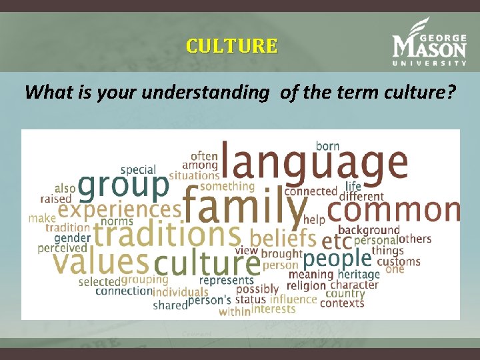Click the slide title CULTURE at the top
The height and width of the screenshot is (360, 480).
[231, 46]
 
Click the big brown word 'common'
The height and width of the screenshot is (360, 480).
[393, 210]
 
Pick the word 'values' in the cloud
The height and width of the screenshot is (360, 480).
[101, 261]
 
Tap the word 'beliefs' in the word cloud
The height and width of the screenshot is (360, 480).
[283, 237]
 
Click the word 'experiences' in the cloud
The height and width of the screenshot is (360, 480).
[119, 209]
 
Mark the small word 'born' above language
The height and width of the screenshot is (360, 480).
[327, 145]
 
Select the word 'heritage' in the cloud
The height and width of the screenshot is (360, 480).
[358, 274]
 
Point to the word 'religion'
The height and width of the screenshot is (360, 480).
[306, 285]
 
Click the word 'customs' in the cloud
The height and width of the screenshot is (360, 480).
[398, 261]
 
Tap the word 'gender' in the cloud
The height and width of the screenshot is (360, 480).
[72, 238]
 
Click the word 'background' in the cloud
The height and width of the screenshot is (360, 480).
[369, 230]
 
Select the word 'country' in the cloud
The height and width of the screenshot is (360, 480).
[345, 293]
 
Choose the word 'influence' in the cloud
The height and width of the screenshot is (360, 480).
[293, 299]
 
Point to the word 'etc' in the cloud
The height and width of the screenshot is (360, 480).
[336, 240]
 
